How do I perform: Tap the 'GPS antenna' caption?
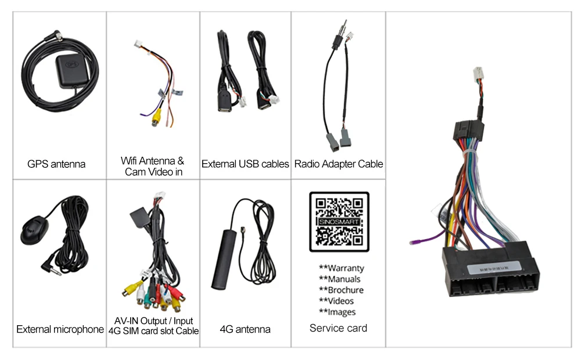coord(56,164)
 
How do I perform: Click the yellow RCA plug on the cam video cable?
coord(156,117)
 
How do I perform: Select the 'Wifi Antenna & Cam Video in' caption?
coord(153,166)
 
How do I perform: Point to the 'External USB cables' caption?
coord(245,164)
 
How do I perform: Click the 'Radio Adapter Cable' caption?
coord(339,164)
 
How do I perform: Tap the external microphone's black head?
coord(34,228)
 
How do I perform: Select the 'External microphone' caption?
coord(60,330)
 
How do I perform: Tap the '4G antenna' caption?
coord(245,330)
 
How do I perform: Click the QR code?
coord(339,221)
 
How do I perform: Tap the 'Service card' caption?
coord(338,329)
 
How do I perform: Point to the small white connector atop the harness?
coord(479,75)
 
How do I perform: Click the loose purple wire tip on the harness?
coord(413,241)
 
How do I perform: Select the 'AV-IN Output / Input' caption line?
coord(153,321)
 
